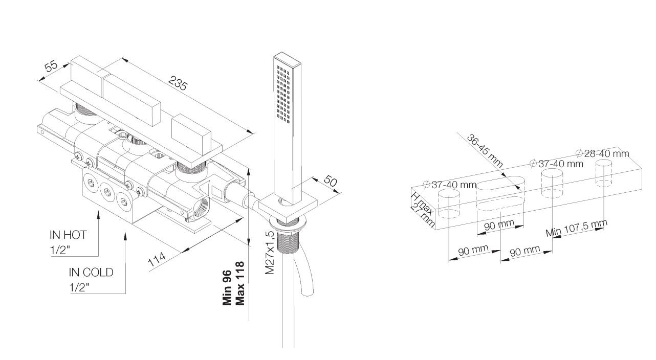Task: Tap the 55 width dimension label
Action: (51, 66)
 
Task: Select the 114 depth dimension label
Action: (157, 259)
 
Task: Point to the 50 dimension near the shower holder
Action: (331, 182)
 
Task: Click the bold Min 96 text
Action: (227, 288)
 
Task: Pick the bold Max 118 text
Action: (239, 283)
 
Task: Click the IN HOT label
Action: (68, 235)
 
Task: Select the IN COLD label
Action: (91, 273)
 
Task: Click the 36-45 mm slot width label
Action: (485, 150)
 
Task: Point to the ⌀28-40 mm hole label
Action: (602, 153)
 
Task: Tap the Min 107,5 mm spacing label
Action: (576, 228)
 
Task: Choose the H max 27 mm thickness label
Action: (422, 209)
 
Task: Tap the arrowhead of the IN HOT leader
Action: (98, 215)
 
